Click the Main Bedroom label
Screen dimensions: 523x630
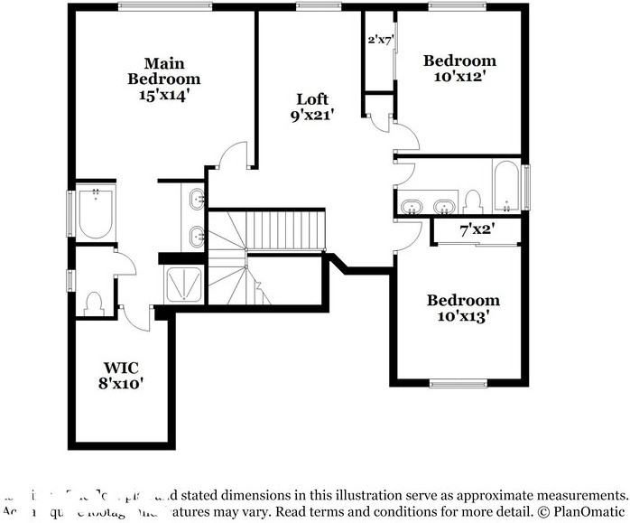click(163, 78)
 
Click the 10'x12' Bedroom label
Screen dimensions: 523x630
click(459, 69)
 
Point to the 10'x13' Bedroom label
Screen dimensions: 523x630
click(462, 308)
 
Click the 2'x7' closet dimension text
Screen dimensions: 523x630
click(380, 41)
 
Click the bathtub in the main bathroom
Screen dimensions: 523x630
click(94, 213)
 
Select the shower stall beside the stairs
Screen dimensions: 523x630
click(185, 284)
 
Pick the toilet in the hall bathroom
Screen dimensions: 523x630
click(473, 200)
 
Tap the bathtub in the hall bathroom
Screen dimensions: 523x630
click(505, 185)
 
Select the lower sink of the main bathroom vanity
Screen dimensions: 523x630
click(198, 237)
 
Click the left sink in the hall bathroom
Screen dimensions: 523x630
click(412, 207)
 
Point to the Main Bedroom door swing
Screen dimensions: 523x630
click(234, 154)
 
